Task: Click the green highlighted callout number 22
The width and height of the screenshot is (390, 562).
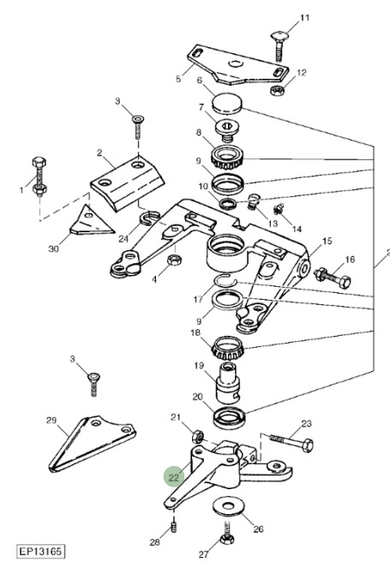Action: pos(173,477)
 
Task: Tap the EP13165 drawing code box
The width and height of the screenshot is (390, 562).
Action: pos(41,551)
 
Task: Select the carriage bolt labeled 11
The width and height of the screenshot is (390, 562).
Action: pos(279,46)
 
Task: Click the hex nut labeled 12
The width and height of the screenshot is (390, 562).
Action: pos(277,90)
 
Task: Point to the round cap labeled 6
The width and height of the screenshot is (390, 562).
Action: pos(227,103)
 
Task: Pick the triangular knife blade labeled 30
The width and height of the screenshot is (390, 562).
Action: pos(92,220)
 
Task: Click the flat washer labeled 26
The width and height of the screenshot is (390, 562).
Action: pos(228,507)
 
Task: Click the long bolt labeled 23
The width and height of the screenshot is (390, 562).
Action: pos(291,443)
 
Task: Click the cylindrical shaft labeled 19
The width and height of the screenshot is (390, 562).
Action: pos(228,383)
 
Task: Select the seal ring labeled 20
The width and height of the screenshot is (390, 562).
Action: pos(229,417)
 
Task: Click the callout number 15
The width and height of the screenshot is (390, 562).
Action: pos(327,242)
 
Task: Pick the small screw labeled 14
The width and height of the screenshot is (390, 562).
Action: pos(279,209)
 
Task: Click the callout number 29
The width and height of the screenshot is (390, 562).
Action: pos(51,420)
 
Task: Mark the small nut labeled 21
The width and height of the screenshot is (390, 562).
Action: pos(198,437)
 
